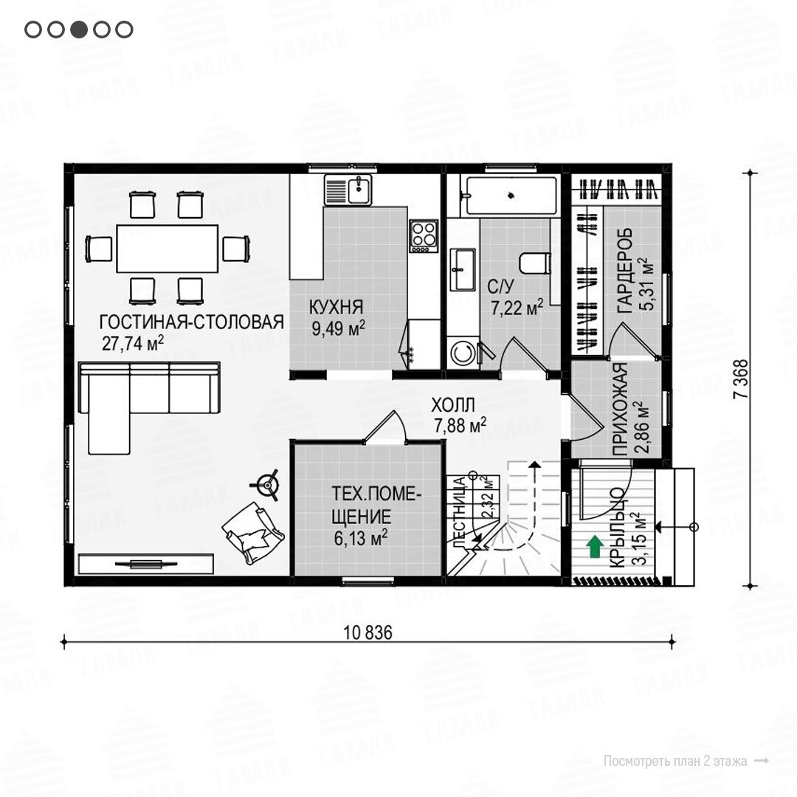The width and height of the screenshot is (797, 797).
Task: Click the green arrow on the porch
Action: pyautogui.click(x=595, y=547)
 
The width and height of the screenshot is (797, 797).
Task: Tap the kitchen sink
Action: pyautogui.click(x=348, y=190)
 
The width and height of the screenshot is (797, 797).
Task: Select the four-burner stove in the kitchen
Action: pyautogui.click(x=424, y=236)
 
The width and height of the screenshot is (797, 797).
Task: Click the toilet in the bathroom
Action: pyautogui.click(x=535, y=263)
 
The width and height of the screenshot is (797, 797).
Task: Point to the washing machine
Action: pyautogui.click(x=463, y=353)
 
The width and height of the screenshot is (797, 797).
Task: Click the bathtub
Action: pyautogui.click(x=511, y=196)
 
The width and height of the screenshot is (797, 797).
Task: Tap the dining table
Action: pyautogui.click(x=168, y=249)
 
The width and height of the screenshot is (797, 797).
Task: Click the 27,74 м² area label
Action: pyautogui.click(x=133, y=344)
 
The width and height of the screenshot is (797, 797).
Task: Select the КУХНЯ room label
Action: pyautogui.click(x=336, y=307)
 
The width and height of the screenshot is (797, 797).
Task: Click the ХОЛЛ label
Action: pyautogui.click(x=453, y=405)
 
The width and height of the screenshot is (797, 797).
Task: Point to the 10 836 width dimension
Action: pyautogui.click(x=368, y=633)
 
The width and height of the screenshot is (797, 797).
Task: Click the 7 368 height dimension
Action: pyautogui.click(x=742, y=379)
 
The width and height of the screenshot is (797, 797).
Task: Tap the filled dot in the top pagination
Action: pyautogui.click(x=79, y=30)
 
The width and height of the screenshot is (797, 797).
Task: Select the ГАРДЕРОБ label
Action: pyautogui.click(x=625, y=270)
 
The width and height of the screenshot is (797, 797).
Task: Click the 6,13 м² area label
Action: pyautogui.click(x=361, y=538)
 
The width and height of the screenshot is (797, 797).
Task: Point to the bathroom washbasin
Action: pyautogui.click(x=463, y=269)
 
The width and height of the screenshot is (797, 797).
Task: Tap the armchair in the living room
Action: pyautogui.click(x=252, y=533)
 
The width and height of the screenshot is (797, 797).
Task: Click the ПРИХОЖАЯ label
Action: pyautogui.click(x=620, y=409)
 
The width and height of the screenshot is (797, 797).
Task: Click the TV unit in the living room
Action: pyautogui.click(x=146, y=565)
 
